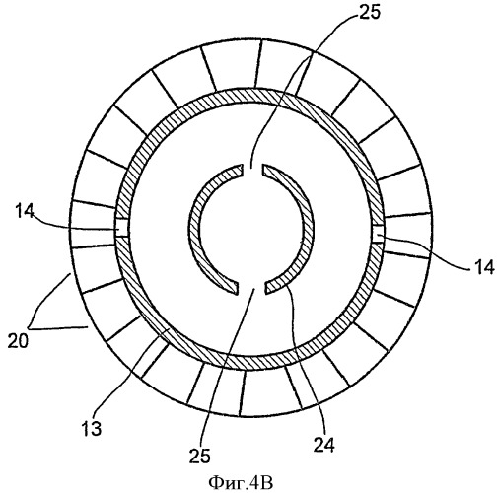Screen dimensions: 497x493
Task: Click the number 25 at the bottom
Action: coord(200,457)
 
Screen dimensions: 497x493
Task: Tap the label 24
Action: coord(323,446)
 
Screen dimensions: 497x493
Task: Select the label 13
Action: coord(92,428)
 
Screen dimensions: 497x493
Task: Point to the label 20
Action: coord(18,341)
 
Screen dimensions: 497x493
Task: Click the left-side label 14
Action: coord(24,212)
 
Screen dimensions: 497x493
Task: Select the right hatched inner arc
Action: coord(311,227)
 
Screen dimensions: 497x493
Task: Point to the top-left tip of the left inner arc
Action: coord(243,165)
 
